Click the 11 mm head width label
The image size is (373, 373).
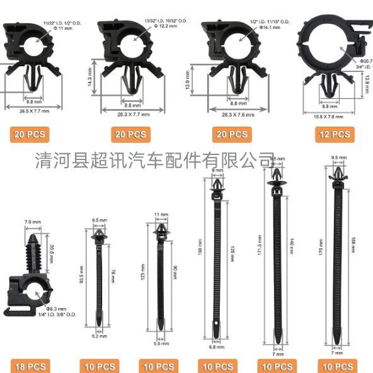point(162,215)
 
